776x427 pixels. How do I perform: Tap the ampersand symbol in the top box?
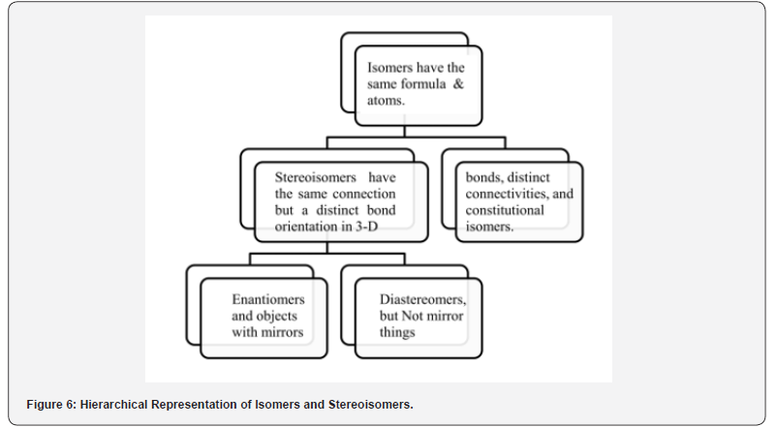(459, 83)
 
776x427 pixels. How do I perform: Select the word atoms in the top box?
(384, 101)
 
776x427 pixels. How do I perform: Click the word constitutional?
(505, 210)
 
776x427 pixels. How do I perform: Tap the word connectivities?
(505, 194)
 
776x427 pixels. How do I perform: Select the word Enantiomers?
(268, 299)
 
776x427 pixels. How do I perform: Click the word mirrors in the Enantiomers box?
(285, 332)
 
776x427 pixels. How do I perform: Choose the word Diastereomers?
(421, 299)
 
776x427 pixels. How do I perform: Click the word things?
(397, 332)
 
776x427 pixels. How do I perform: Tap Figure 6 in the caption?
(51, 404)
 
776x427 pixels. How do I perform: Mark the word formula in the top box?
(422, 83)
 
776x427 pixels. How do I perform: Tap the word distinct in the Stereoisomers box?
(336, 210)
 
